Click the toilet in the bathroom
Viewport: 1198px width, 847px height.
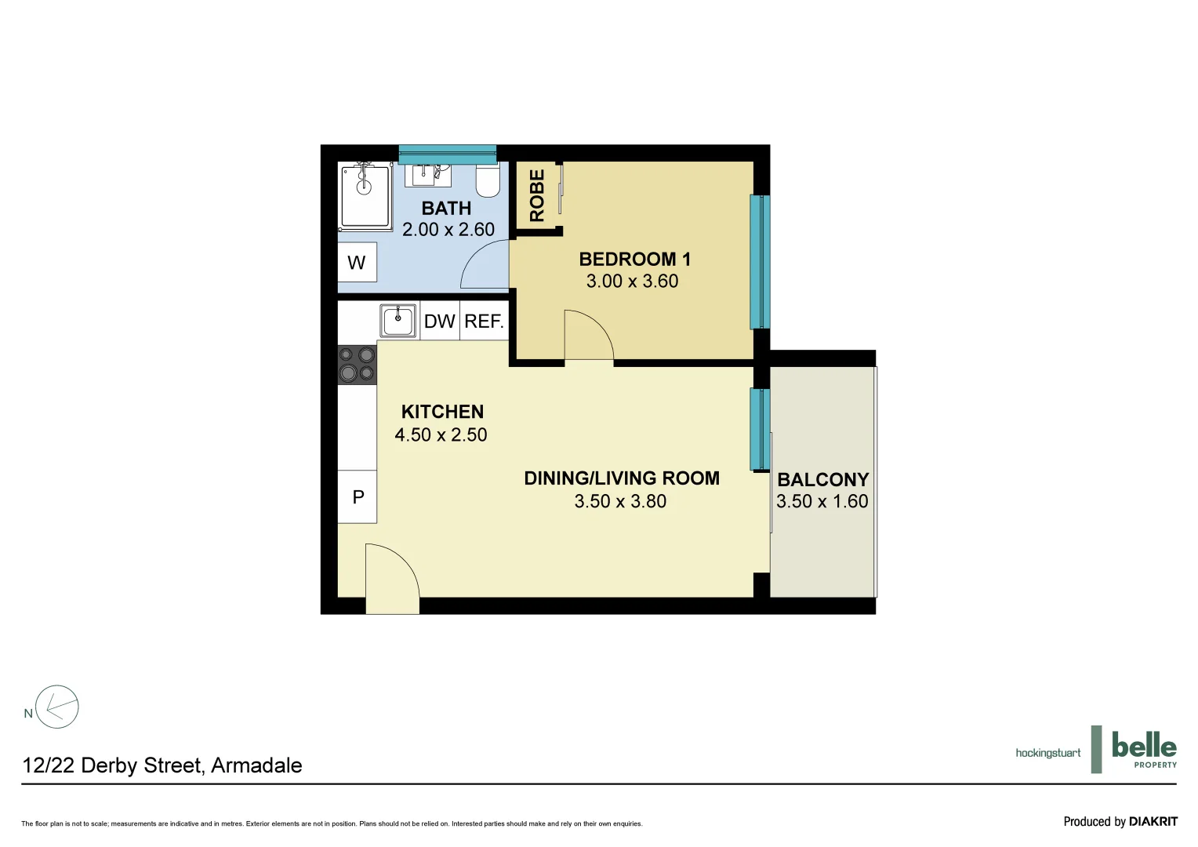[488, 183]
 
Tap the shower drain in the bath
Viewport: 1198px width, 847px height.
[364, 187]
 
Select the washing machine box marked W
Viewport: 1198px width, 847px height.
[357, 263]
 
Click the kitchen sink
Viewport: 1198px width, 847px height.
[398, 321]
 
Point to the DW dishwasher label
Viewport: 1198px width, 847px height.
[439, 322]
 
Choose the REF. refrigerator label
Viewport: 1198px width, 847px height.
[484, 322]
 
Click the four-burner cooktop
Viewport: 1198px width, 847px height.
[357, 365]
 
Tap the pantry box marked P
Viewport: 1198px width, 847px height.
[358, 496]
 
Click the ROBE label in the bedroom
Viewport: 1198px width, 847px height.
[537, 196]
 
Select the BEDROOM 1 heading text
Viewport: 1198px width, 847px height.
[634, 259]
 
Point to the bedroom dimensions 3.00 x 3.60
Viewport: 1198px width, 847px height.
[632, 282]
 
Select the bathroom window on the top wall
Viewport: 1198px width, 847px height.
[447, 154]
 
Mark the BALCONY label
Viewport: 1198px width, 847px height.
[822, 480]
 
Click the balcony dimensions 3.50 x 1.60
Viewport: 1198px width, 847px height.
[822, 502]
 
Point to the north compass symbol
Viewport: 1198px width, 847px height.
[57, 707]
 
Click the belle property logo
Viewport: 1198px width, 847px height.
[1143, 750]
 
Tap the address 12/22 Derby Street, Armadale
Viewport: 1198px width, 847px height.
[162, 765]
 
